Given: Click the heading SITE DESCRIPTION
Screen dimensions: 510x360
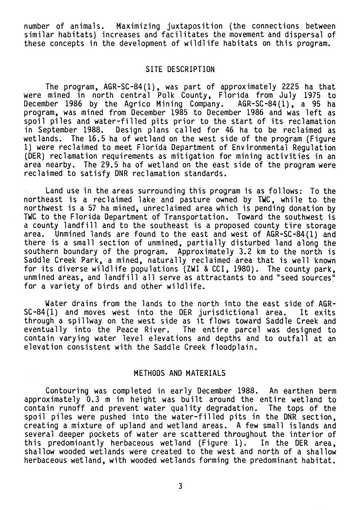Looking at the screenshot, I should click(x=180, y=69).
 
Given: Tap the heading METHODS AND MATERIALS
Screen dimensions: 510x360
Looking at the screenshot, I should click(x=180, y=373).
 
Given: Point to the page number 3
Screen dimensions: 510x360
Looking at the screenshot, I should click(x=180, y=486).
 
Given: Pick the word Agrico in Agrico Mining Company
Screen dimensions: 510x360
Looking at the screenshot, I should click(x=131, y=104).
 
